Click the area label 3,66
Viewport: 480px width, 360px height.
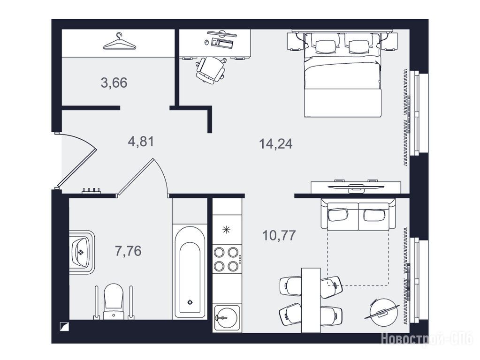coord(114,83)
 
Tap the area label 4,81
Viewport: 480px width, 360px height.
coord(141,142)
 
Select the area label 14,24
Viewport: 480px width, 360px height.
coord(276,144)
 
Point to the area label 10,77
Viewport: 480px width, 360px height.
coord(279,235)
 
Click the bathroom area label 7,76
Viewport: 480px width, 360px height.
coord(128,251)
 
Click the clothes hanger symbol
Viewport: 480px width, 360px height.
coord(120,41)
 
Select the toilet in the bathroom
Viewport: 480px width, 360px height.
coord(114,301)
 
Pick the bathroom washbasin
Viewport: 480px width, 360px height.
coord(81,252)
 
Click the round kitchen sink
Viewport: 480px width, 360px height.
coord(226,318)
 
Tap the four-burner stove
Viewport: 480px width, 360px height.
coord(227,259)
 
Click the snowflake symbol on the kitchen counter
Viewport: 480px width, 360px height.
coord(226,229)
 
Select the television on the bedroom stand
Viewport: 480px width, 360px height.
coord(355,187)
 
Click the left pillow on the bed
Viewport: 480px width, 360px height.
coord(326,46)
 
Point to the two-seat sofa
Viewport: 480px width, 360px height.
coord(358,214)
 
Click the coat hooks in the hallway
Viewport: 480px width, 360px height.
coord(91,191)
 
